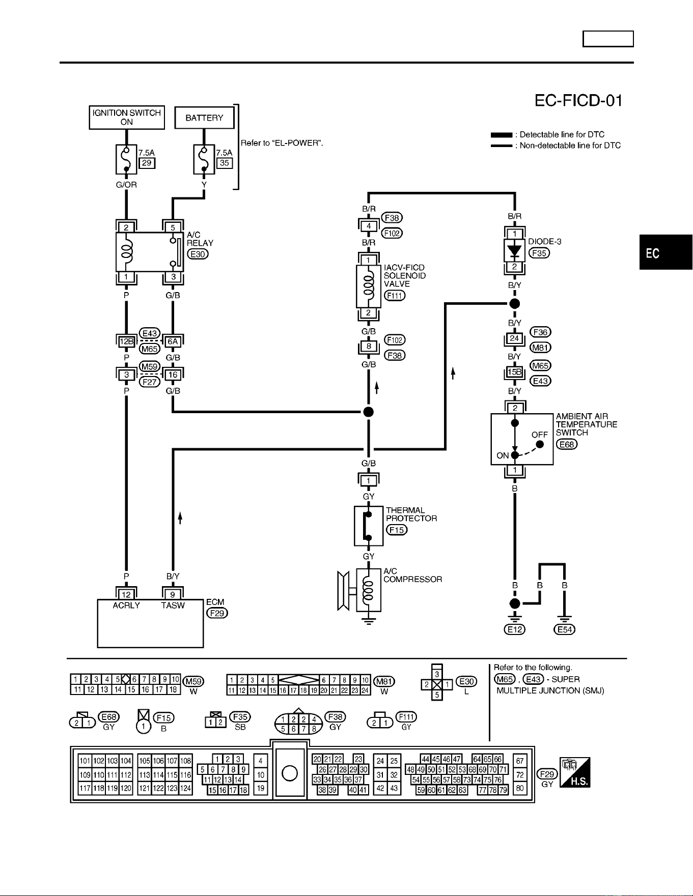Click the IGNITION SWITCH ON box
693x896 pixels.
[x=127, y=118]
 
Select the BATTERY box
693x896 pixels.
[x=204, y=118]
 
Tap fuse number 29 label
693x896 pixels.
[x=147, y=163]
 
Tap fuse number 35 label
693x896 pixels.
[x=225, y=163]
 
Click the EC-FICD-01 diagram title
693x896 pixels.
[x=579, y=101]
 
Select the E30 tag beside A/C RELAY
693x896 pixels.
[x=198, y=254]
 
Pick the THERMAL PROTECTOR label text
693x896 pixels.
[x=411, y=514]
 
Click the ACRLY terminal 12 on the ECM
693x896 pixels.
[x=126, y=594]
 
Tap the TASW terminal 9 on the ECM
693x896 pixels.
[x=173, y=594]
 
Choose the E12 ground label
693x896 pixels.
[x=515, y=629]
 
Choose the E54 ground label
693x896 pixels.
[x=565, y=629]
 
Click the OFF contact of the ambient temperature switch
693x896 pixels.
[x=540, y=444]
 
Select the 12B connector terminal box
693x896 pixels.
[x=126, y=341]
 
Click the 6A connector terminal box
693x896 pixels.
[x=173, y=341]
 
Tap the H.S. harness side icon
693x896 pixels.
[x=575, y=772]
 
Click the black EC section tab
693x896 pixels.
[x=666, y=252]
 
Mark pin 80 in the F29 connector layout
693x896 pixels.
[x=520, y=789]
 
